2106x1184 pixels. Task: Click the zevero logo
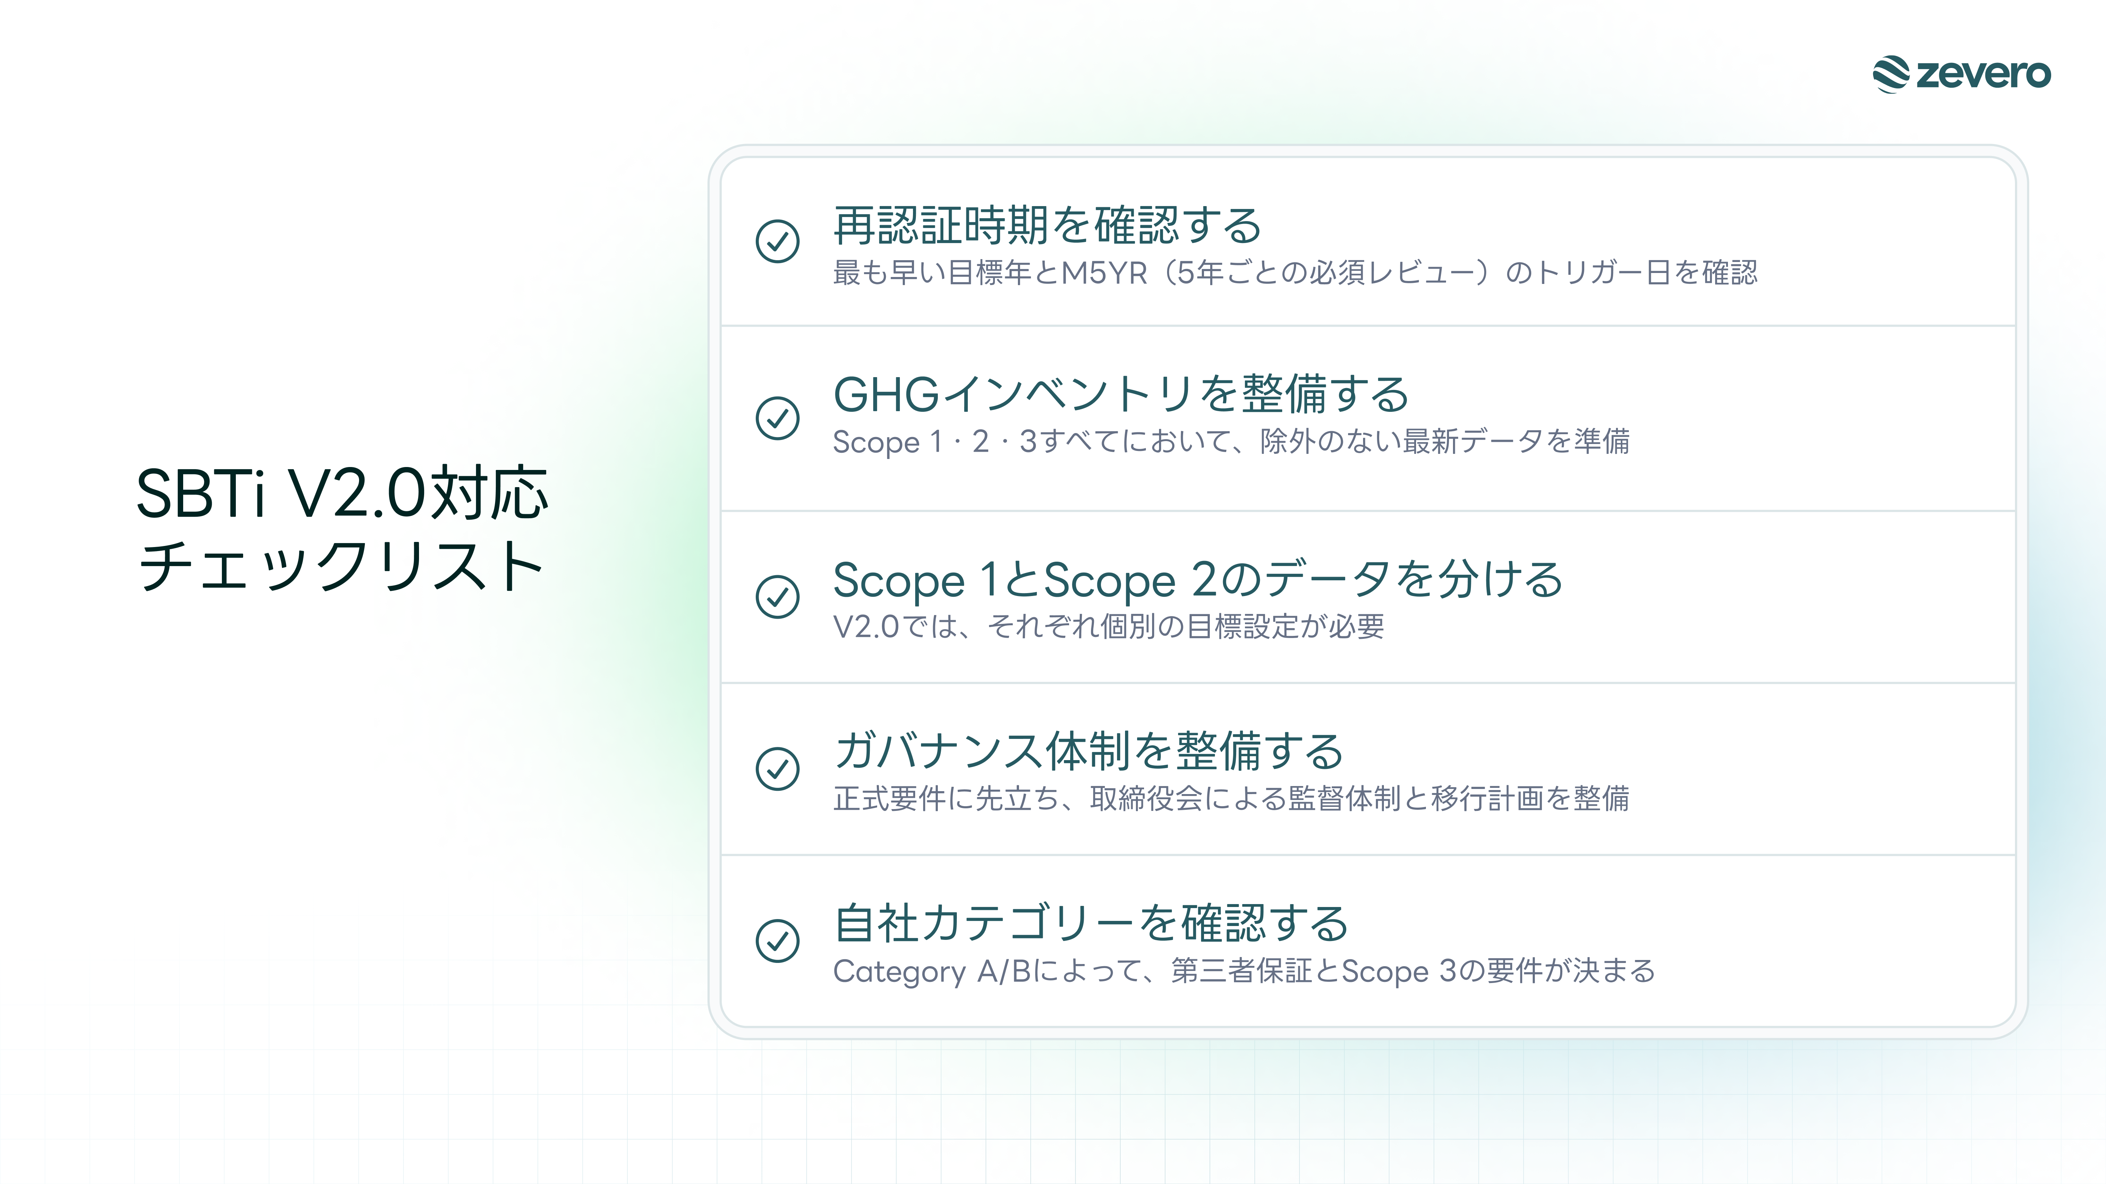1961,74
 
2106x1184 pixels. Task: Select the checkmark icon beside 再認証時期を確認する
777,241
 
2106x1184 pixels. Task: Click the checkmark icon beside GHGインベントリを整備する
777,418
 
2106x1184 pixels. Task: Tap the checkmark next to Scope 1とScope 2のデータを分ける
777,596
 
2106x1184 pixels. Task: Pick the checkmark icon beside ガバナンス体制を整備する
777,768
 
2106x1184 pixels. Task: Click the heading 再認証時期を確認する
1047,225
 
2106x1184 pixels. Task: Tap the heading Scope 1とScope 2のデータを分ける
1198,580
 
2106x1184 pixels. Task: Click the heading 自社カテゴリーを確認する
1091,923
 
